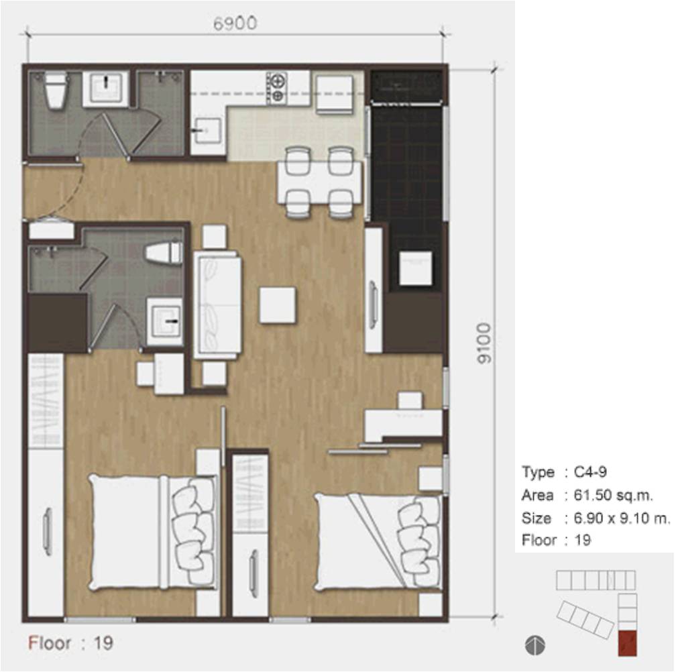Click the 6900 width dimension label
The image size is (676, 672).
tap(235, 23)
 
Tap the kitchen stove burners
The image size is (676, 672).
tap(277, 88)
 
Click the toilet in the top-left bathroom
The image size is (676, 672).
tap(56, 91)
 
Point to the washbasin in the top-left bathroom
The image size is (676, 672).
tap(105, 88)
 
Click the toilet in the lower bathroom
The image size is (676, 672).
tap(164, 253)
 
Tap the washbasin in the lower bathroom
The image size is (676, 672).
tap(164, 321)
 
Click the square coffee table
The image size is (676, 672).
tap(278, 305)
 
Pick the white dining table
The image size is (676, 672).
tap(319, 182)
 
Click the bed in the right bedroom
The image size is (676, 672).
tap(378, 543)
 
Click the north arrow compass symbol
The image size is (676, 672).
tap(535, 645)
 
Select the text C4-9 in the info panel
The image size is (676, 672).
tap(590, 472)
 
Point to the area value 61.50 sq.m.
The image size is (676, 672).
tap(613, 495)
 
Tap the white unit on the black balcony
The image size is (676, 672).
tap(416, 268)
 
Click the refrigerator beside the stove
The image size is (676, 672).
tap(335, 95)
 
